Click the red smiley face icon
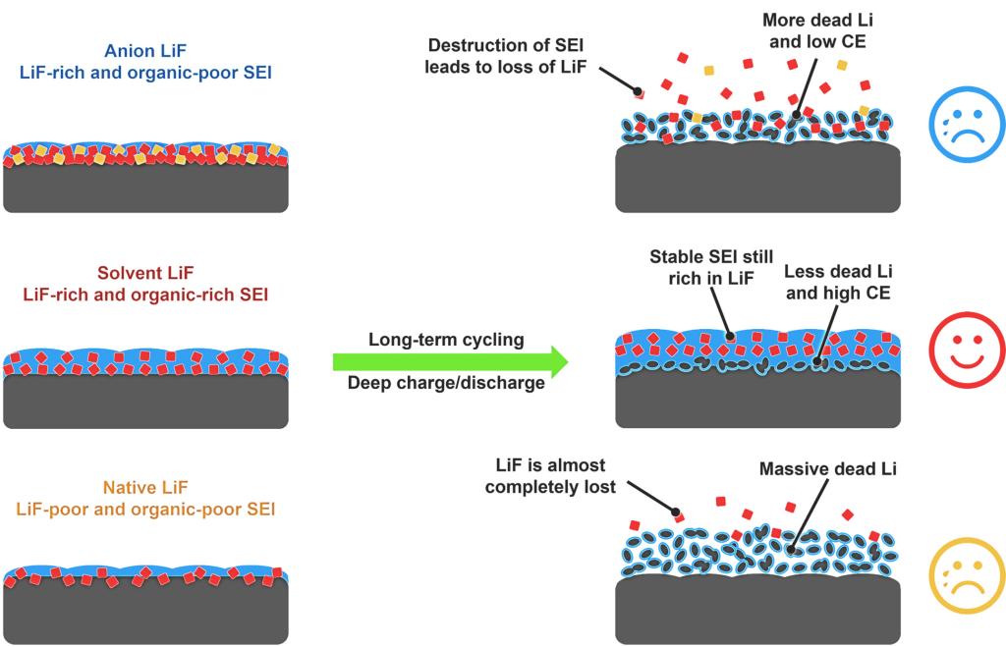pos(966,350)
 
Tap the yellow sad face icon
pos(966,576)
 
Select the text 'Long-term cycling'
pos(446,340)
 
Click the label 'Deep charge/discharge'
pos(446,383)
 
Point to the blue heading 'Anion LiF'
pos(145,52)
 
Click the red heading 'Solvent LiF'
pos(145,273)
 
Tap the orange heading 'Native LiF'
pos(145,488)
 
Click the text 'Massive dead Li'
pos(827,469)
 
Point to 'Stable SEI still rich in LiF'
pos(711,267)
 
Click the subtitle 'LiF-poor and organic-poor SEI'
pos(145,510)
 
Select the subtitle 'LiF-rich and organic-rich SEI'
pos(145,295)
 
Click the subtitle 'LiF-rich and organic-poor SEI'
pos(145,74)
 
